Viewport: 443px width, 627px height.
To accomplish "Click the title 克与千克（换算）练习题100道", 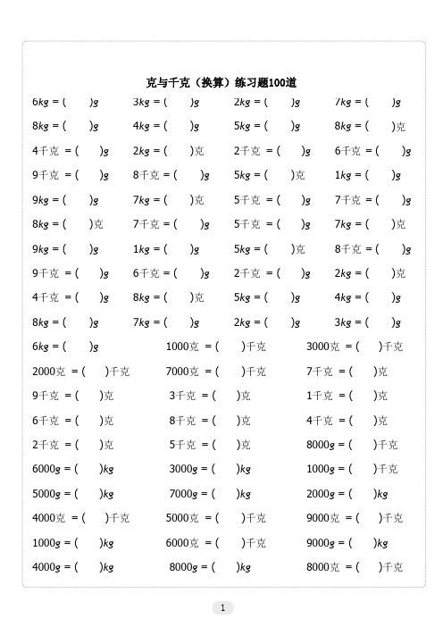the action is (x=221, y=82).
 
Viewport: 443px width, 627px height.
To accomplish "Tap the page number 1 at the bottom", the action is (x=221, y=607).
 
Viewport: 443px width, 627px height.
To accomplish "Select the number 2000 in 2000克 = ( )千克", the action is (x=44, y=371).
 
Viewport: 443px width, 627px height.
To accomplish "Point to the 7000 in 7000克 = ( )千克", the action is (x=178, y=371).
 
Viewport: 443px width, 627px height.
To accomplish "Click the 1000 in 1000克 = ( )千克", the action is (x=178, y=346).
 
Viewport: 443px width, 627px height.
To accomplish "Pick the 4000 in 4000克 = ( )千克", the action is (x=44, y=517).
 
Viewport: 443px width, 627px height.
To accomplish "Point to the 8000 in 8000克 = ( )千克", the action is (x=318, y=565).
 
